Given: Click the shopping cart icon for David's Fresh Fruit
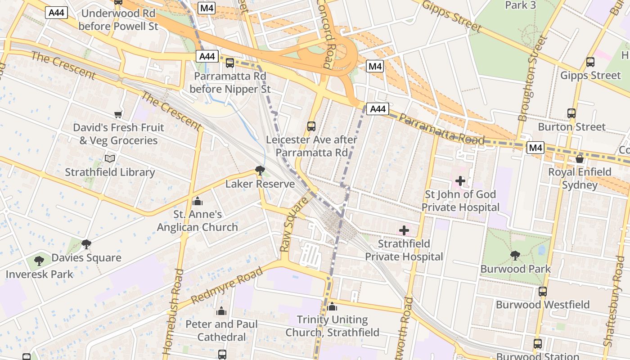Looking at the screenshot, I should point(118,114).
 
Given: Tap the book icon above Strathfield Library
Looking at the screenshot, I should point(110,158).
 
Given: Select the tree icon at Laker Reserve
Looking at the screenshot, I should point(260,170).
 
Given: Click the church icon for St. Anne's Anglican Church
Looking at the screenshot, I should point(197,201).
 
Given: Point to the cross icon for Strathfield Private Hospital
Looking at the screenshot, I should point(404,230).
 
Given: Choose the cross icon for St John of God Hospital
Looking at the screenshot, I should point(460,181).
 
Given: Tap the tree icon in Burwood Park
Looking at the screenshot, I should point(515,256).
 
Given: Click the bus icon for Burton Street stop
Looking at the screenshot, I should point(571,113).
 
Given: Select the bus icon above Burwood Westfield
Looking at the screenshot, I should point(543,292).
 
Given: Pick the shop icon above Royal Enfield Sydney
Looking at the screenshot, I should point(580,158).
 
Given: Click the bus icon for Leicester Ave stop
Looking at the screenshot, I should point(311,126).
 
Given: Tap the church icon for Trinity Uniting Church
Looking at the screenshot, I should point(333,306).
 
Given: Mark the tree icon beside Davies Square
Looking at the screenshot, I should point(86,244).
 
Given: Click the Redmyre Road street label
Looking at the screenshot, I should point(227,286).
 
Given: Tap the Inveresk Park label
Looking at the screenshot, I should point(39,274).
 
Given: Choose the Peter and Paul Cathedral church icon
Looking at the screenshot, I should point(221,311).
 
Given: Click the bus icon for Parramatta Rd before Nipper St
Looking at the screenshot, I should point(230,63).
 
